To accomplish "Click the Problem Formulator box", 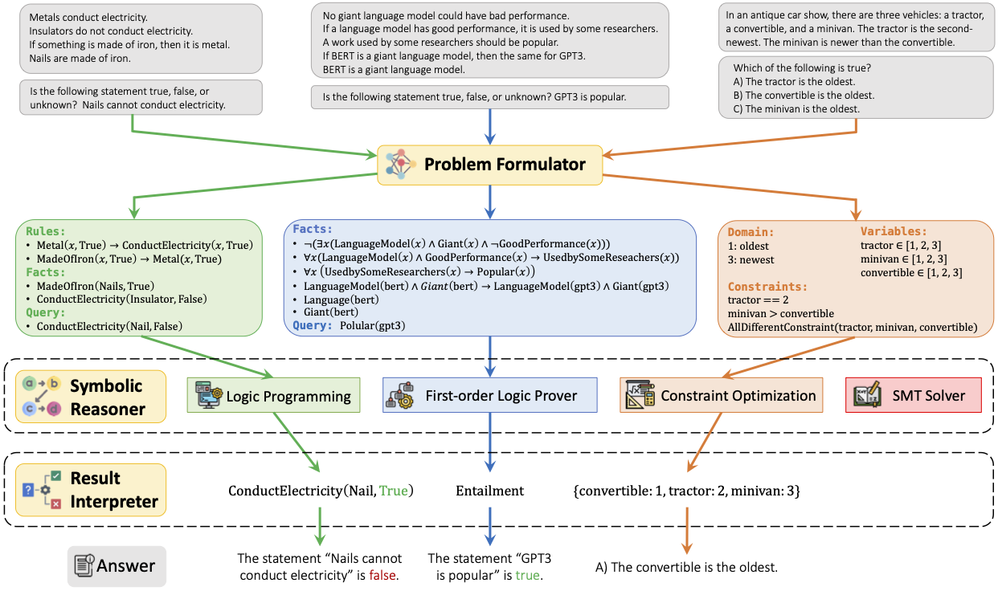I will (x=489, y=164).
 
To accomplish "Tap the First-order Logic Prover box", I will (x=489, y=395).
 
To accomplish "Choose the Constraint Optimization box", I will (x=721, y=395).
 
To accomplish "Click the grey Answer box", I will (x=117, y=566).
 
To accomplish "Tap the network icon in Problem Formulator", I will (x=399, y=164).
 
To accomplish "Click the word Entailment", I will (x=489, y=491).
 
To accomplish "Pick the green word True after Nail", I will (x=393, y=491).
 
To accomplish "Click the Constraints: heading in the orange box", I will (x=767, y=287).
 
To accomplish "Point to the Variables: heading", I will (x=894, y=231).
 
